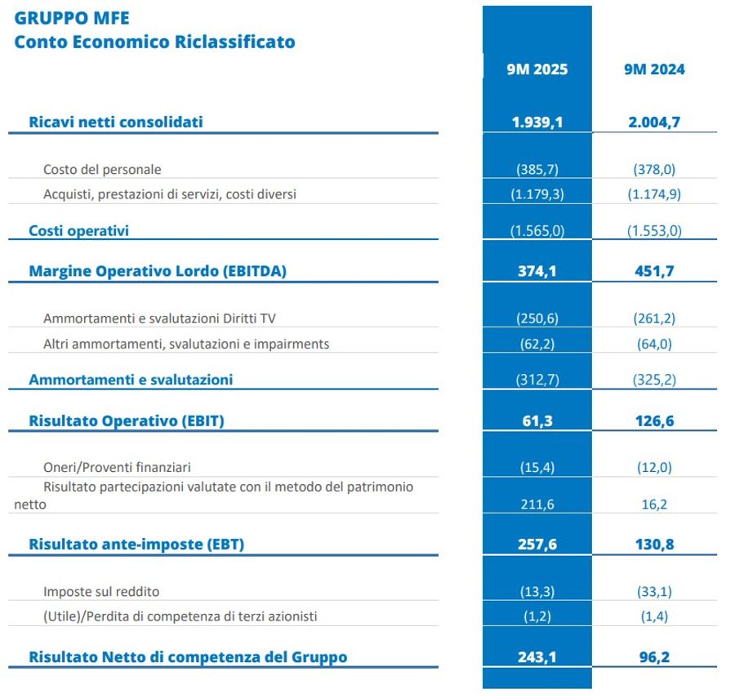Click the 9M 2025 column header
[x=537, y=69]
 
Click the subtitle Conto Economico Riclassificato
[x=154, y=42]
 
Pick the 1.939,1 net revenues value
[x=537, y=122]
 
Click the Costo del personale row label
[x=102, y=170]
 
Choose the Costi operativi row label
[x=78, y=230]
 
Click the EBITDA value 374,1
[x=537, y=272]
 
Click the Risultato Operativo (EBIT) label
[x=127, y=421]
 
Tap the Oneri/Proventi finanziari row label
[x=117, y=468]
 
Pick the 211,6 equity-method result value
[x=537, y=505]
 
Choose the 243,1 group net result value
[x=537, y=657]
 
